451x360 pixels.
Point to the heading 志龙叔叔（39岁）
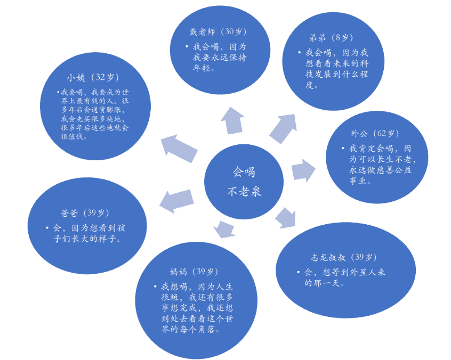click(343, 257)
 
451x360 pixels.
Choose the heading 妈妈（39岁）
click(194, 272)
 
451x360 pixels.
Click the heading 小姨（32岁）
click(93, 77)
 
